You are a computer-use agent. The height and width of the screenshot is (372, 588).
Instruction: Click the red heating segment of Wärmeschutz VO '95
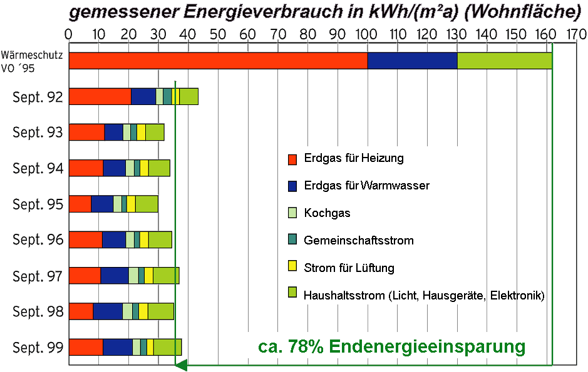tap(218, 61)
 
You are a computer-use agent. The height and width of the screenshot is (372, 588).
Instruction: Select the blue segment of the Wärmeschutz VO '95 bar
tap(412, 61)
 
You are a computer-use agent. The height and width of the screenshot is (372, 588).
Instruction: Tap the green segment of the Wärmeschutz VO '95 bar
tap(505, 61)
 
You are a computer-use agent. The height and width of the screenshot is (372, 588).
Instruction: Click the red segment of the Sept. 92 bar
tap(100, 96)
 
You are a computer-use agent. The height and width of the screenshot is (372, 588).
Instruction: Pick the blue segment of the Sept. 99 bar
tap(118, 347)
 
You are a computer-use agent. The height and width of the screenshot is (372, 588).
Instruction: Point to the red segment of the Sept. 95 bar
tap(80, 204)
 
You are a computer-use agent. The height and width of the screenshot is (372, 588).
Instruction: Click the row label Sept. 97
tap(38, 276)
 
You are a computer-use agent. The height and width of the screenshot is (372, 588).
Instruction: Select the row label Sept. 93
tap(38, 133)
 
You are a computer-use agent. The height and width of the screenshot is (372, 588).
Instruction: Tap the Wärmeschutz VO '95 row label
tap(32, 61)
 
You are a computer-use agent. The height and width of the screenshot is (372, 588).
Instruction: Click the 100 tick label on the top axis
tap(367, 33)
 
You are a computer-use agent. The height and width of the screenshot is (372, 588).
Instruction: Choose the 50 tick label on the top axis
tap(218, 33)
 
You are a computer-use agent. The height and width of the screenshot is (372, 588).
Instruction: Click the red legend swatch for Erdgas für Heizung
tap(292, 159)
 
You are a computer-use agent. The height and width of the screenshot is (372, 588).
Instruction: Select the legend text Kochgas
tap(327, 213)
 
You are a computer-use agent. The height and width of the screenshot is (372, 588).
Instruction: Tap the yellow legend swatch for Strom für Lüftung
tap(292, 268)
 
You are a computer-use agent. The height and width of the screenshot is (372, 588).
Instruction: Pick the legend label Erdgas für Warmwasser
tap(366, 186)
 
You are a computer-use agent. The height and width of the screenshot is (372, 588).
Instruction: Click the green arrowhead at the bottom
tap(181, 364)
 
